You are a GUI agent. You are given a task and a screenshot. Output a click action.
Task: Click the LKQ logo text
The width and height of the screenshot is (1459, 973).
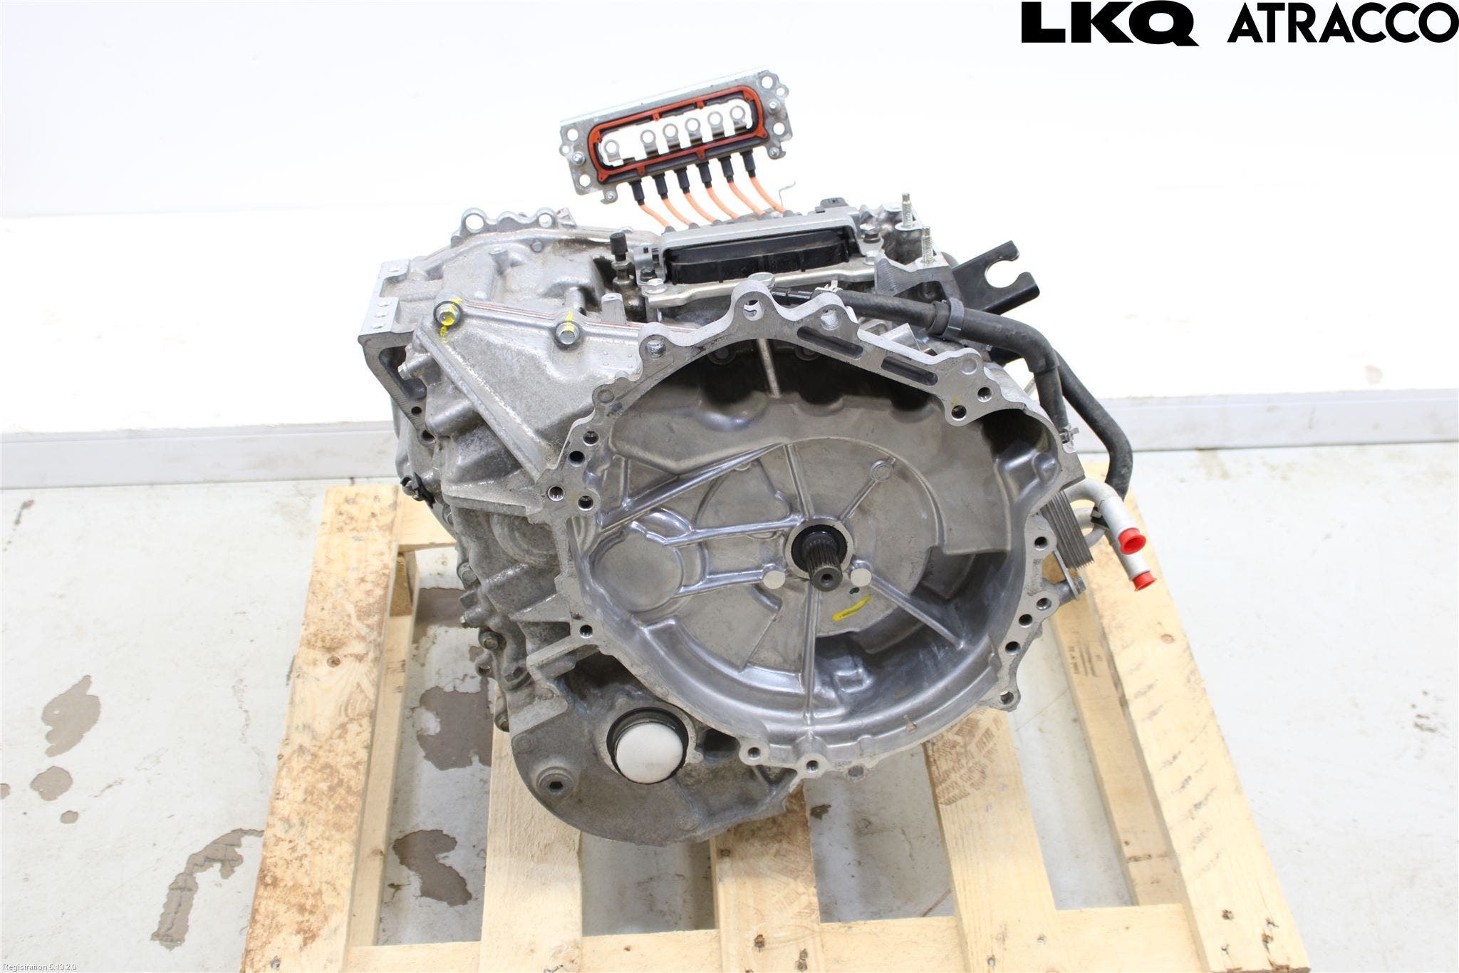[x=1109, y=24]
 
